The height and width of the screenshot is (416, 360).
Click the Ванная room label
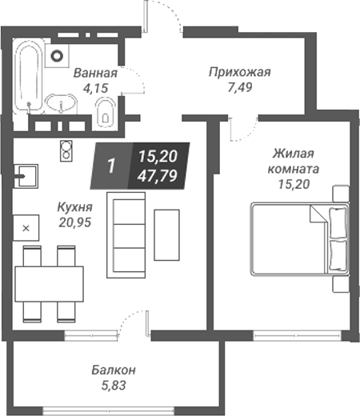pyautogui.click(x=95, y=74)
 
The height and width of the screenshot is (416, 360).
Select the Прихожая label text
pyautogui.click(x=239, y=71)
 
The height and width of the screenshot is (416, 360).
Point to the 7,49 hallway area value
pyautogui.click(x=240, y=86)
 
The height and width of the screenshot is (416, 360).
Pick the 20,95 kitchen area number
pyautogui.click(x=74, y=220)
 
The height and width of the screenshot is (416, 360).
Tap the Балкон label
pyautogui.click(x=112, y=370)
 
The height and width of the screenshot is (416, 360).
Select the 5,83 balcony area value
pyautogui.click(x=112, y=385)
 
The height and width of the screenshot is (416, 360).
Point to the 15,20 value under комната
pyautogui.click(x=293, y=184)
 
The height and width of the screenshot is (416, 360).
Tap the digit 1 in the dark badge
pyautogui.click(x=111, y=166)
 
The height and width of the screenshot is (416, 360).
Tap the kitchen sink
pyautogui.click(x=26, y=174)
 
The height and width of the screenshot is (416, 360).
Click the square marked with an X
pyautogui.click(x=26, y=228)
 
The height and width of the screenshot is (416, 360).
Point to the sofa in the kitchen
pyautogui.click(x=126, y=233)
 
